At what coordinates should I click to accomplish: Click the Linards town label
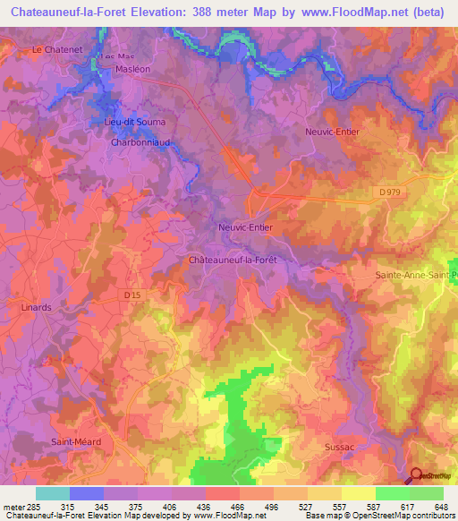coord(36,306)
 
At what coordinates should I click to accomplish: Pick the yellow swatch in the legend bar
coord(358,493)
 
